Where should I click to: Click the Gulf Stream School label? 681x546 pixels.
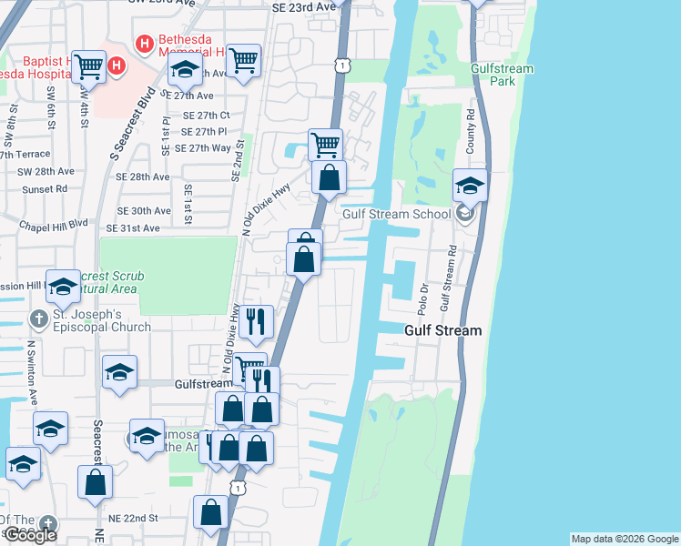click(x=397, y=215)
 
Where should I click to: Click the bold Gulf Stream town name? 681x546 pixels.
click(x=442, y=330)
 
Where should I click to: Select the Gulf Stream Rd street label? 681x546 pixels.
click(x=447, y=277)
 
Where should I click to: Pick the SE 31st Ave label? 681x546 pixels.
click(x=133, y=228)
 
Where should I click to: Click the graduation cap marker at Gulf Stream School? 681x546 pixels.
click(x=471, y=186)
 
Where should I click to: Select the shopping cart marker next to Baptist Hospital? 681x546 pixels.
click(x=88, y=66)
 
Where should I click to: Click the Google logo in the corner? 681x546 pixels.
click(x=29, y=535)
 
